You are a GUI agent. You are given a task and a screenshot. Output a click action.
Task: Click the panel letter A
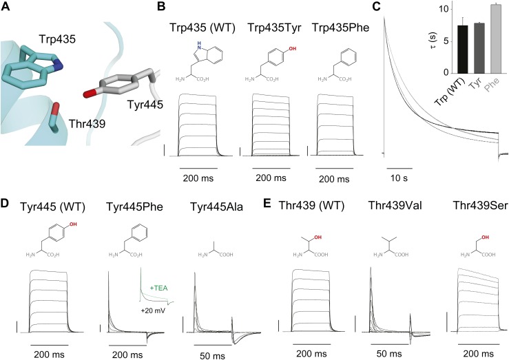click(6, 8)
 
